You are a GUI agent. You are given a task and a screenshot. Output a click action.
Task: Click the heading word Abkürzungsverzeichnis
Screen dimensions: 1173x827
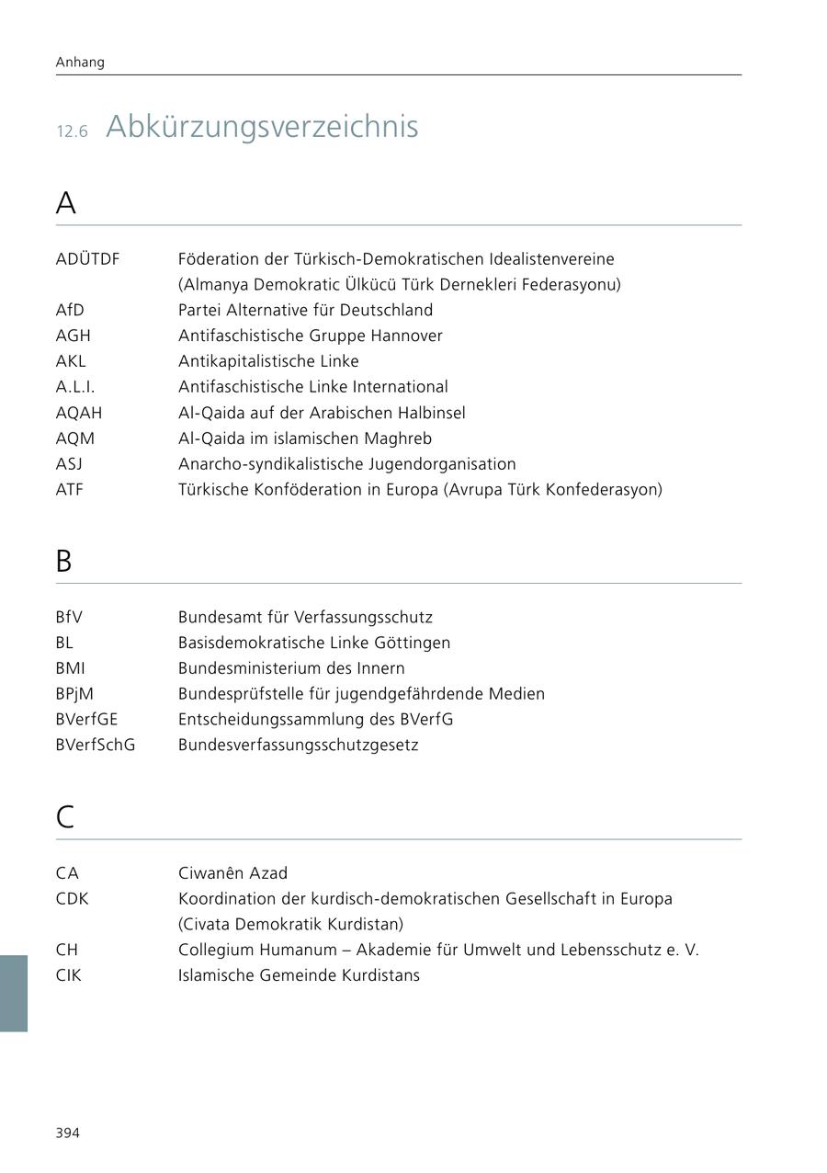pyautogui.click(x=262, y=127)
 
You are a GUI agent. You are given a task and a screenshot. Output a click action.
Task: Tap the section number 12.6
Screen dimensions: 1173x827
pyautogui.click(x=72, y=131)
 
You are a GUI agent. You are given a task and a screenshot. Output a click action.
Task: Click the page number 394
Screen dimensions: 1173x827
pyautogui.click(x=68, y=1133)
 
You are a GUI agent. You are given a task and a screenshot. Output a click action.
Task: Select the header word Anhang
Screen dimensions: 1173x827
pyautogui.click(x=80, y=63)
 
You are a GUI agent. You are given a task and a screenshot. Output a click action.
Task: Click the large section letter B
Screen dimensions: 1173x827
pyautogui.click(x=63, y=561)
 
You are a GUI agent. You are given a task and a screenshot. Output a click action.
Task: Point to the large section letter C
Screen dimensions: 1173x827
pyautogui.click(x=64, y=817)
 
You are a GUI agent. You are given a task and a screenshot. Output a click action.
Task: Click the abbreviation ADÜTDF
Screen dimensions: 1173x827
pyautogui.click(x=87, y=259)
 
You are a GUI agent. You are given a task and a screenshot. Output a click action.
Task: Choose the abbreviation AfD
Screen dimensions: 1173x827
pyautogui.click(x=70, y=311)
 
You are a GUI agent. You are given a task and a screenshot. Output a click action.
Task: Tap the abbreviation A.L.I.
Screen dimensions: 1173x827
pyautogui.click(x=75, y=387)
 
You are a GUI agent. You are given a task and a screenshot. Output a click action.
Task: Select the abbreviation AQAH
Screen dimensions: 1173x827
pyautogui.click(x=79, y=413)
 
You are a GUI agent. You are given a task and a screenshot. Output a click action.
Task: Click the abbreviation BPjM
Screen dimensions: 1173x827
pyautogui.click(x=74, y=694)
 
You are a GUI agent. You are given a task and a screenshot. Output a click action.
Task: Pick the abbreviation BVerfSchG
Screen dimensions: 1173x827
pyautogui.click(x=95, y=745)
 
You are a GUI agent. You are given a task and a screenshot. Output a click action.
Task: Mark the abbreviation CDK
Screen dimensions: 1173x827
pyautogui.click(x=72, y=899)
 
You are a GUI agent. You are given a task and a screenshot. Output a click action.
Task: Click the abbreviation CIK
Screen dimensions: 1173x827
pyautogui.click(x=68, y=975)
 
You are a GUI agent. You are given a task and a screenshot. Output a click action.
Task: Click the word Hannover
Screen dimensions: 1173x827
pyautogui.click(x=406, y=336)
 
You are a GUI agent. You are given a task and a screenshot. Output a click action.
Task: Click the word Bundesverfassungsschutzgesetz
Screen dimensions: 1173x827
pyautogui.click(x=298, y=745)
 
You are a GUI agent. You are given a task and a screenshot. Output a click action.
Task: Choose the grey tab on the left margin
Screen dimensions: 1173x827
pyautogui.click(x=14, y=993)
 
